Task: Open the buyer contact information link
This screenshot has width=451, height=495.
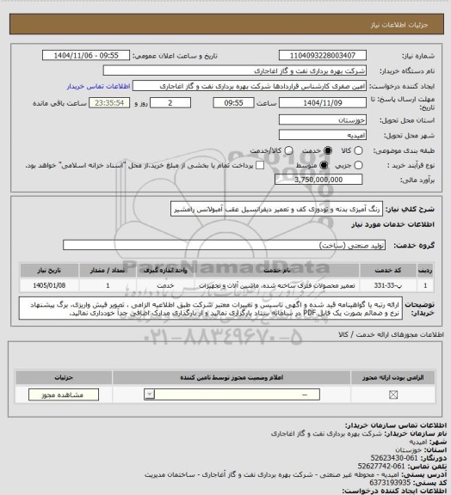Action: tap(95, 87)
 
